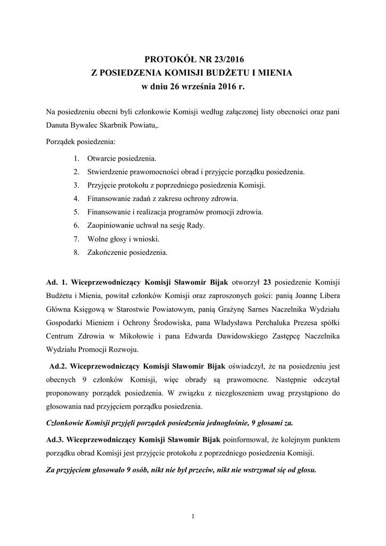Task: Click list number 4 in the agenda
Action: click(x=77, y=198)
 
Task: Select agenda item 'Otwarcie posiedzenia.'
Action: click(x=122, y=159)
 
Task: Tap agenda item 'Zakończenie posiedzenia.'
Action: click(x=127, y=252)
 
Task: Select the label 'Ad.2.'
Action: click(x=58, y=367)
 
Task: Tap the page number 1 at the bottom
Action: click(x=193, y=516)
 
